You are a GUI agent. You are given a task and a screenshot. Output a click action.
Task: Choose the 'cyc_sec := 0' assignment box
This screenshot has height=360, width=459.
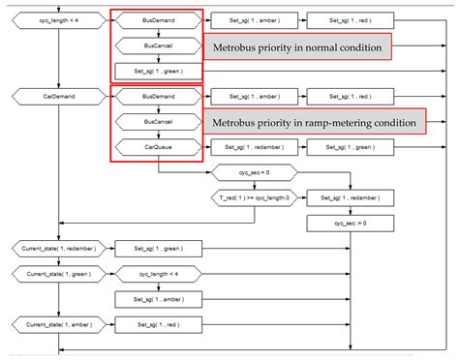tap(351, 223)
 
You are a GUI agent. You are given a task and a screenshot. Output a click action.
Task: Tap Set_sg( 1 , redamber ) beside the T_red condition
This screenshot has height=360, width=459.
tap(351, 197)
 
